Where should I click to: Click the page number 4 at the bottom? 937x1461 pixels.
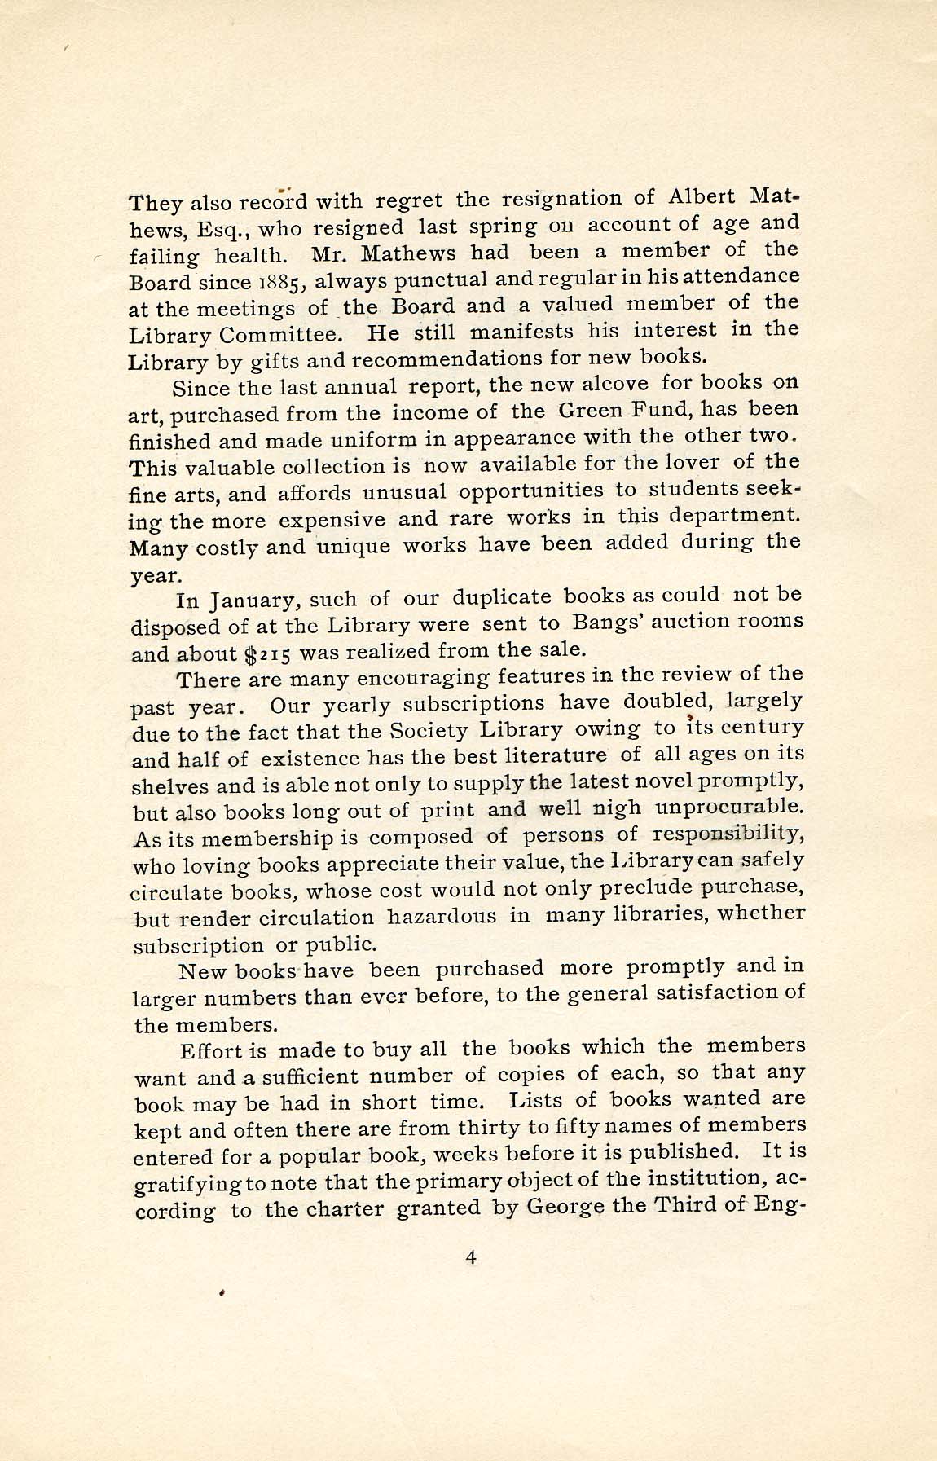coord(470,1258)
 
